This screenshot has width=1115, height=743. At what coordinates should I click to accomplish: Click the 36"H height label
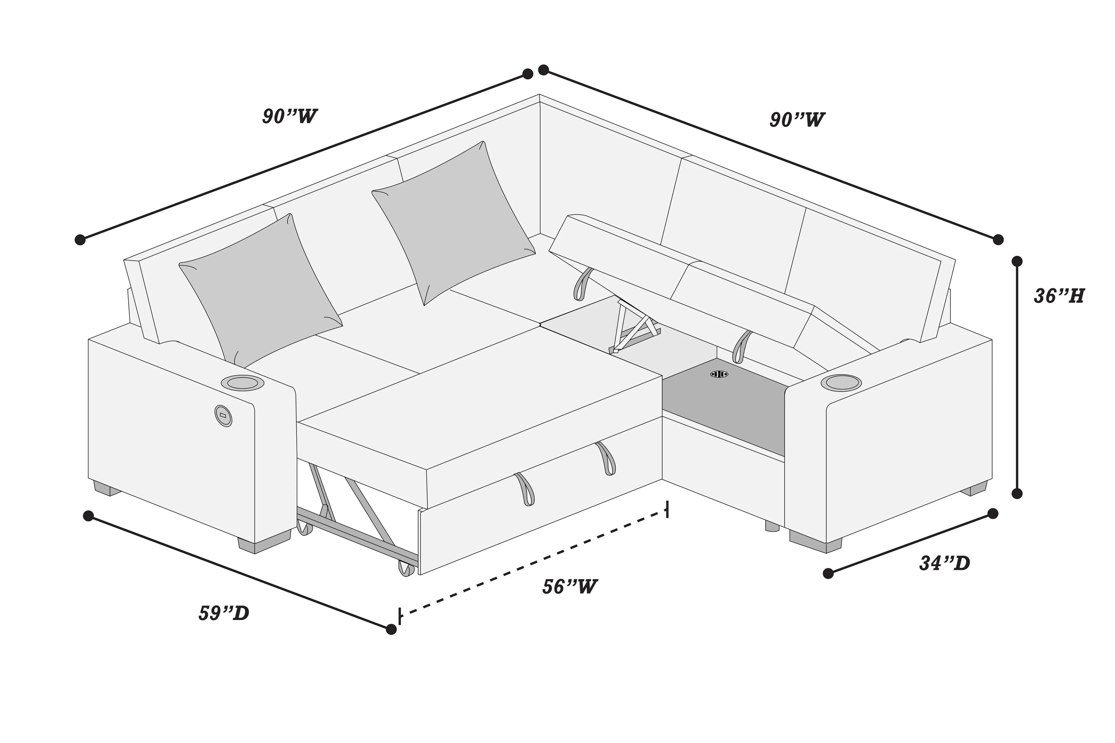1059,296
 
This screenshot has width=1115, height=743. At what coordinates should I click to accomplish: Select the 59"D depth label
224,614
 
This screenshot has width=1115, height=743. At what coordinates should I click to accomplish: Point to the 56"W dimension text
569,587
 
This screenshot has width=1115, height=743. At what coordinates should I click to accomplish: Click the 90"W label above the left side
290,116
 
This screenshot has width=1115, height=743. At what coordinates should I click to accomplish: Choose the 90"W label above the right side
797,120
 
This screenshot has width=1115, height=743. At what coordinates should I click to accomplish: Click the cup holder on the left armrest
242,383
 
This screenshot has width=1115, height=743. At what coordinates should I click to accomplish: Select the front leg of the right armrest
815,542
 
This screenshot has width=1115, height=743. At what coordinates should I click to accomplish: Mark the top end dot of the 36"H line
1017,261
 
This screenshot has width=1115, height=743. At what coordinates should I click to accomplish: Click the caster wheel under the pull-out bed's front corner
405,568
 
